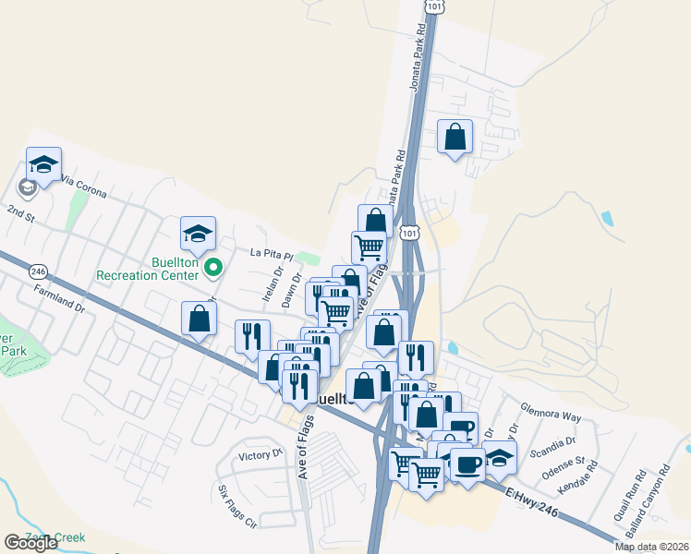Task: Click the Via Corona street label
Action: (84, 187)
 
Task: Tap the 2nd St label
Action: (20, 214)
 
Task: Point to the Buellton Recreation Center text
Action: (148, 269)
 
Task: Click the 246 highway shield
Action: (38, 271)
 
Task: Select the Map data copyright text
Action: (651, 547)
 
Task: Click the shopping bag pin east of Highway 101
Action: (455, 138)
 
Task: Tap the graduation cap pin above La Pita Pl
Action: (198, 235)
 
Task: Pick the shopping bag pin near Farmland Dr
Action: (200, 319)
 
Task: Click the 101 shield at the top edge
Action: (434, 6)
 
